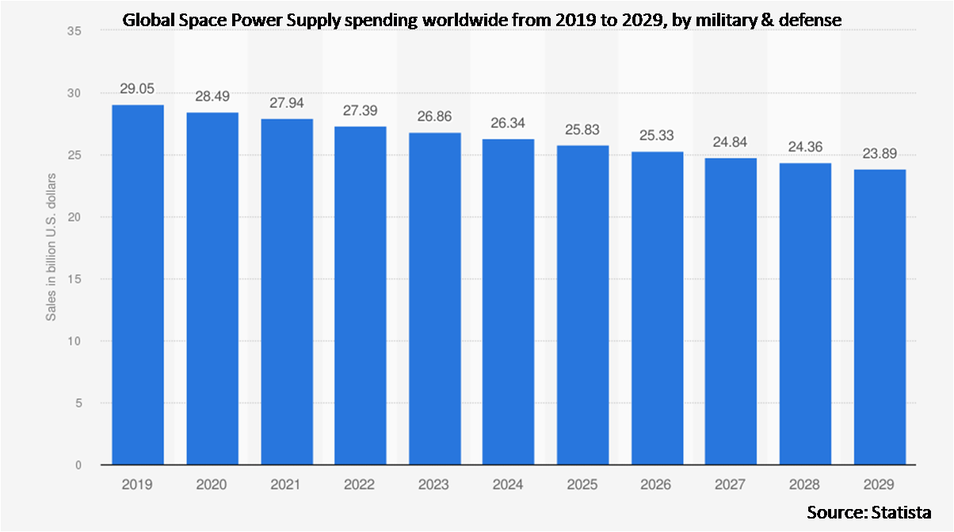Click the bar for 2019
point(138,285)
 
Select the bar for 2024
point(509,301)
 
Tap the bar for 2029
point(880,317)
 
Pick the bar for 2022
point(361,295)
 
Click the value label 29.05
point(137,89)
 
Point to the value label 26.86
point(434,116)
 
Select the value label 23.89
point(880,153)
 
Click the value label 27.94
point(286,103)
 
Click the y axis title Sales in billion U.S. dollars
point(51,248)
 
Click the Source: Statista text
point(868,511)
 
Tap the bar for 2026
point(657,308)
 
